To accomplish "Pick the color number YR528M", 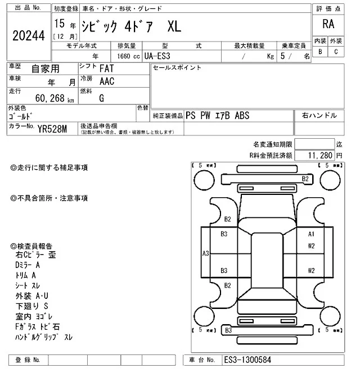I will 52,129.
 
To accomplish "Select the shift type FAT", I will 109,69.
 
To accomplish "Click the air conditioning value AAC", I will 107,81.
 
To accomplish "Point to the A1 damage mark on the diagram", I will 310,234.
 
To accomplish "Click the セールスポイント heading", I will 177,68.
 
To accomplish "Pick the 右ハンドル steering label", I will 319,115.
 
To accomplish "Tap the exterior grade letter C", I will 336,51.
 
